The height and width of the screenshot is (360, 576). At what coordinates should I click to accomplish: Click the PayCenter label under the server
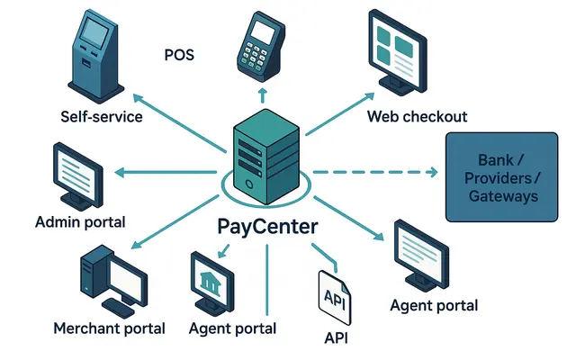[x=267, y=225]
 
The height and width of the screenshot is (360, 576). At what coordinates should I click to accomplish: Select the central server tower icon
[x=266, y=153]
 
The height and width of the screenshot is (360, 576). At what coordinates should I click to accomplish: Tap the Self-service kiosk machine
[x=96, y=56]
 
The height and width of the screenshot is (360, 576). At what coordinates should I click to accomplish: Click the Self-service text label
[x=102, y=117]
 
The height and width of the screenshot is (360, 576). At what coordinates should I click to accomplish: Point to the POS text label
[x=179, y=56]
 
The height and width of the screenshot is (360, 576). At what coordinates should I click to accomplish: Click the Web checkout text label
[x=417, y=117]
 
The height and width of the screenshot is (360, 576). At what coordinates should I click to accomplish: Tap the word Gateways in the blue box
[x=508, y=195]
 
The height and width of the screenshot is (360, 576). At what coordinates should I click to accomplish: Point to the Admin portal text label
[x=80, y=221]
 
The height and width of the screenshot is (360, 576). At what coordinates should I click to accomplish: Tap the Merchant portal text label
[x=110, y=328]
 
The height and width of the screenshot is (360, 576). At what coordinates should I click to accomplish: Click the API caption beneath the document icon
[x=335, y=338]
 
